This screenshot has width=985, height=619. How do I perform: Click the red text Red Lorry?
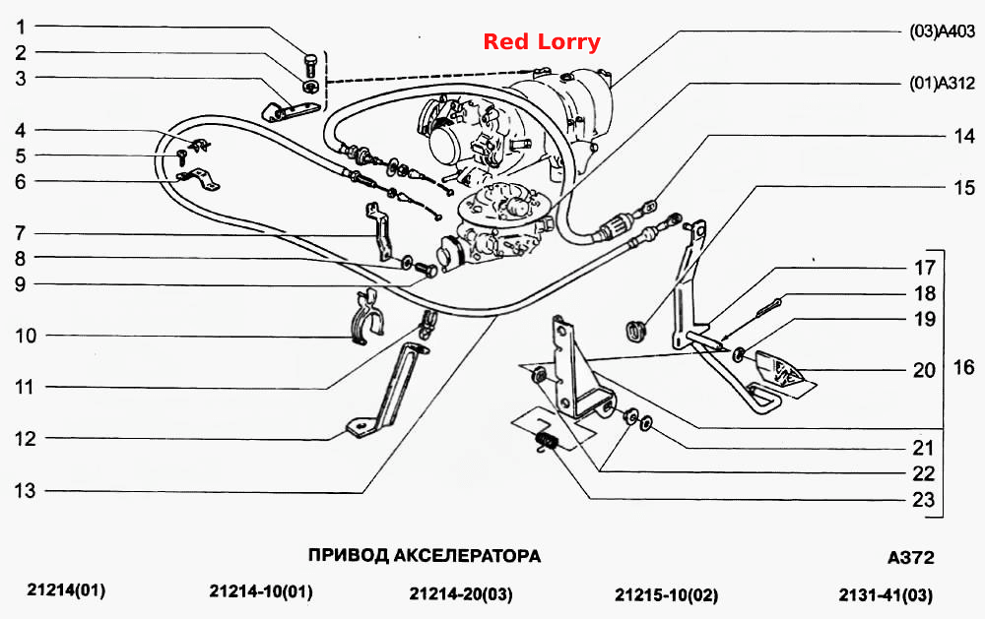(542, 42)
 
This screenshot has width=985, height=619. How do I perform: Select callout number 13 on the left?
(26, 490)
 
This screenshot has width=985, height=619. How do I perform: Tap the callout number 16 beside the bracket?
(963, 367)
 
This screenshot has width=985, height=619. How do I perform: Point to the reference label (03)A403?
(942, 31)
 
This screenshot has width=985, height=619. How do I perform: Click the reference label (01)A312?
(942, 83)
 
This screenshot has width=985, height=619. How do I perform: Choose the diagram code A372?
(911, 557)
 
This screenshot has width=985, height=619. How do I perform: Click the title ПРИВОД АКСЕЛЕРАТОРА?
(424, 556)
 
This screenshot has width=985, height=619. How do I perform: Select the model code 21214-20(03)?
(460, 593)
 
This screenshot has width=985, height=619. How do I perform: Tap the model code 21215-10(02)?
(666, 593)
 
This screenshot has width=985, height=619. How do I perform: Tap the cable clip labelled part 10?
(365, 318)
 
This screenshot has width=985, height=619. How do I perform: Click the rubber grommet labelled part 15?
(635, 332)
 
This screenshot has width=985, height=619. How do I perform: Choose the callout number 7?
(20, 233)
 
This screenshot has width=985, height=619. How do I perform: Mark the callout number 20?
(924, 370)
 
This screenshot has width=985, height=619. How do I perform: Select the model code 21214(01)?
(66, 590)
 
